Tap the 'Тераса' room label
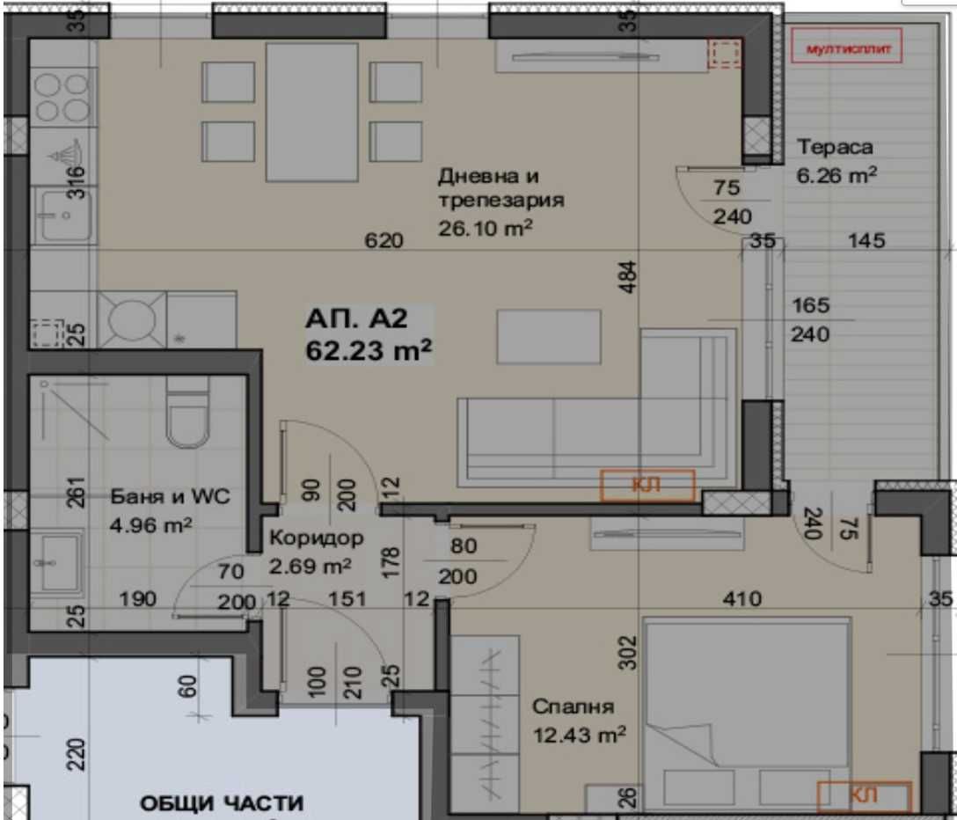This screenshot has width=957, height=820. (835, 147)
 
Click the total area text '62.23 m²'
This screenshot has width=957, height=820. (369, 350)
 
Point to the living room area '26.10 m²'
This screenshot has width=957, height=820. (486, 228)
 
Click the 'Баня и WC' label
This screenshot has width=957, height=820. (170, 497)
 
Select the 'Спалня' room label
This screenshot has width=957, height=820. (573, 707)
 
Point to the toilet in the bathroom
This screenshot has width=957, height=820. (186, 419)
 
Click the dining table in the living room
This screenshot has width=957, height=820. (311, 112)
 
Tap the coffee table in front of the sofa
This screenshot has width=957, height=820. (548, 336)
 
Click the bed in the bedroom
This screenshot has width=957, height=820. (746, 713)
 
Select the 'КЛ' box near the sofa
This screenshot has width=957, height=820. (647, 485)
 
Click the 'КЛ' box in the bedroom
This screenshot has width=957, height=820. (864, 795)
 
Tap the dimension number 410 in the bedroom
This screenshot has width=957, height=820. (741, 599)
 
